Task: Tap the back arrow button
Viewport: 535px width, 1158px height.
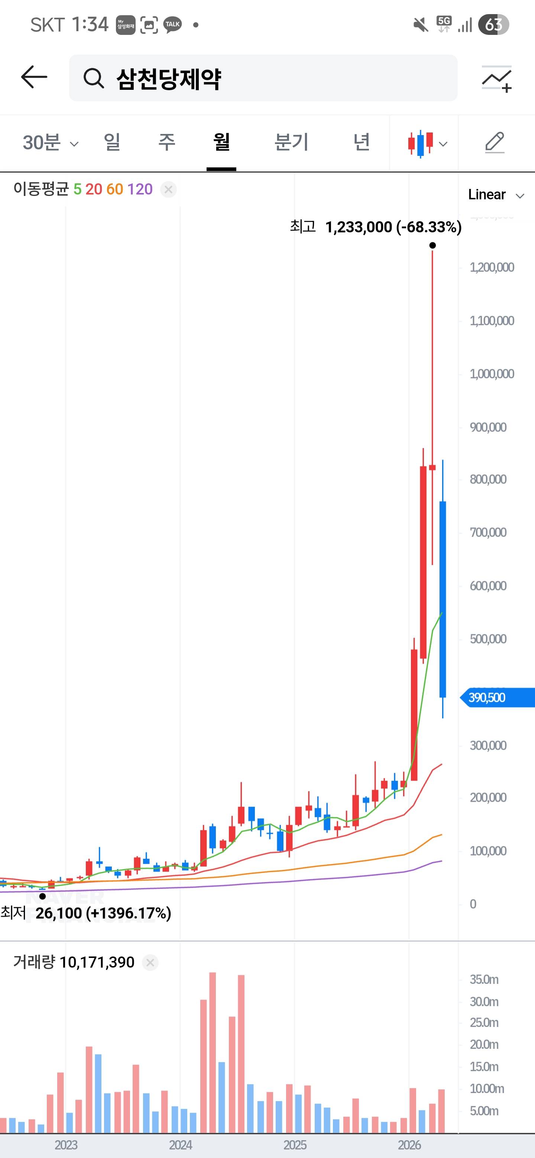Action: (x=34, y=77)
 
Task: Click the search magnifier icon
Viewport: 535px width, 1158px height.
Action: (x=94, y=79)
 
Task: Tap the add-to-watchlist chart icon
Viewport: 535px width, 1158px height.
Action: (x=497, y=79)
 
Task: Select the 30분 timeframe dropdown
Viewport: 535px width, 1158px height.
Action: (x=50, y=143)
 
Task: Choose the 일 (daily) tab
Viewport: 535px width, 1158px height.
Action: (x=112, y=143)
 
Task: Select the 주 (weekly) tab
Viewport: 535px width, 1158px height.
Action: (x=166, y=143)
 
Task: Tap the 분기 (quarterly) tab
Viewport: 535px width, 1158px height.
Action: (x=291, y=143)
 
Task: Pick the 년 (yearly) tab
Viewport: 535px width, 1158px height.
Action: (x=361, y=143)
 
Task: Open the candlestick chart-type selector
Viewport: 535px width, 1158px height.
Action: (x=427, y=143)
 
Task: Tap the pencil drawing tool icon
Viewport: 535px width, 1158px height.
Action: (x=495, y=143)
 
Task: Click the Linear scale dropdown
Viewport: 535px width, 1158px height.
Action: (x=495, y=194)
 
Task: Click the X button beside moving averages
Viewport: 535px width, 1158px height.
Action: (x=169, y=190)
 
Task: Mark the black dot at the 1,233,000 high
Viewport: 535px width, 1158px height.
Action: (x=432, y=245)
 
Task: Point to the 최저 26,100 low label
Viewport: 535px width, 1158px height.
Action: (x=85, y=913)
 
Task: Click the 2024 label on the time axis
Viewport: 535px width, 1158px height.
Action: (x=181, y=1145)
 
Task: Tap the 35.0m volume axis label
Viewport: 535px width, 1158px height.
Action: (x=484, y=979)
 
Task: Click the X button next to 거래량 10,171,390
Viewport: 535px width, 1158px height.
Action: (x=150, y=962)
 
